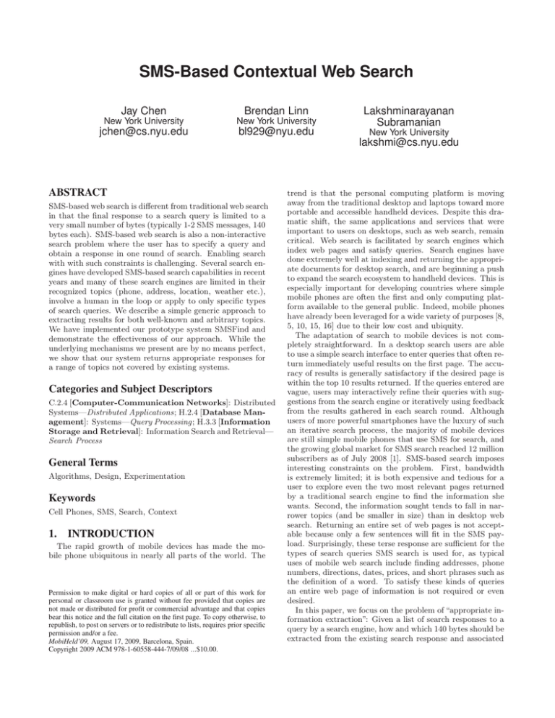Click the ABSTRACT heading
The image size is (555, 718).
click(x=72, y=194)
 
